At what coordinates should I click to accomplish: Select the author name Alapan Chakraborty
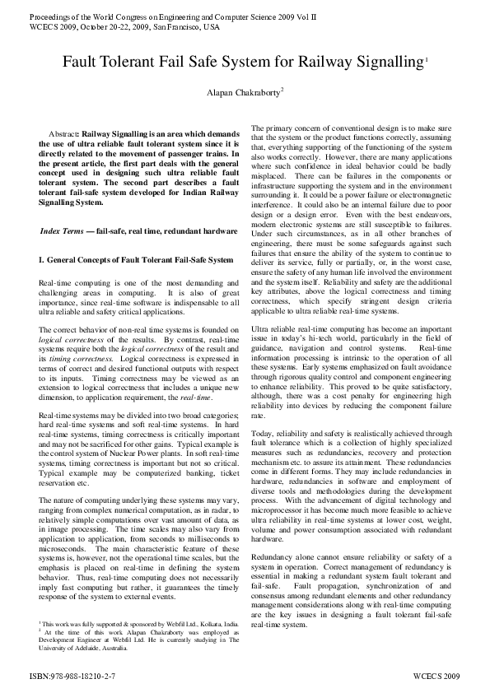point(244,93)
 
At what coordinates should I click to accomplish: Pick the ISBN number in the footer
point(63,674)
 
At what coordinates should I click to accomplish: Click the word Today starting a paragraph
point(262,434)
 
